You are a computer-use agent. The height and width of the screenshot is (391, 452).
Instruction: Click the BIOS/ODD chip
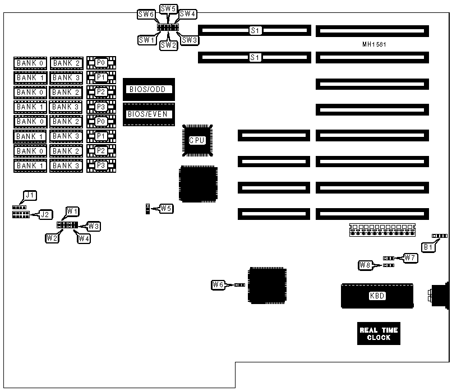pyautogui.click(x=149, y=89)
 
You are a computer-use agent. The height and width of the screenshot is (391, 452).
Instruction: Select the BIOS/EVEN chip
pyautogui.click(x=149, y=114)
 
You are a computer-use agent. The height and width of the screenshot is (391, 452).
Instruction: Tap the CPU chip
pyautogui.click(x=197, y=140)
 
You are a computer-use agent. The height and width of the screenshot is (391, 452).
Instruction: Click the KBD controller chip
pyautogui.click(x=377, y=296)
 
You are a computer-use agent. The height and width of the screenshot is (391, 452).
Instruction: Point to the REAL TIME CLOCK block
pyautogui.click(x=379, y=334)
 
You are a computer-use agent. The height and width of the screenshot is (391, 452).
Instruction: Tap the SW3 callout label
pyautogui.click(x=190, y=40)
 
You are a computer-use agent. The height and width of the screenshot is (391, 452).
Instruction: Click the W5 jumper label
pyautogui.click(x=166, y=209)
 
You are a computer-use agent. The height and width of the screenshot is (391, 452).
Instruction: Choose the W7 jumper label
pyautogui.click(x=411, y=257)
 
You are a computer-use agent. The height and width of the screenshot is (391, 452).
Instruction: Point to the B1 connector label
pyautogui.click(x=428, y=246)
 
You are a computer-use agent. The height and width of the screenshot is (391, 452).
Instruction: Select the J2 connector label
pyautogui.click(x=45, y=214)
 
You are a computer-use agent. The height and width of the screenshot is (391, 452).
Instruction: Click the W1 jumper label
pyautogui.click(x=72, y=211)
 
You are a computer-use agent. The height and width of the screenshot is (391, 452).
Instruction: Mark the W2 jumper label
pyautogui.click(x=53, y=237)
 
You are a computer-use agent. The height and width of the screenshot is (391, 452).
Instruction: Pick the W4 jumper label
pyautogui.click(x=84, y=238)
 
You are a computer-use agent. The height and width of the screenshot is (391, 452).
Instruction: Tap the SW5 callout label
pyautogui.click(x=168, y=8)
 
